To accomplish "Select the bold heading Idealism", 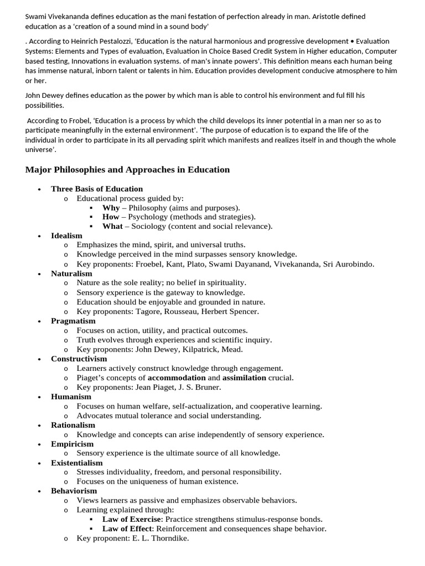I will click(66, 235).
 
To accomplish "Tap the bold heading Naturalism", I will click(71, 274).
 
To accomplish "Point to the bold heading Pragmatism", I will click(73, 321).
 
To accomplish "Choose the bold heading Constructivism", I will click(79, 359).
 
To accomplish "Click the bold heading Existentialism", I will click(77, 463).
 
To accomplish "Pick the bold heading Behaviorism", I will click(74, 491).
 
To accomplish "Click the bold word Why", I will click(111, 208).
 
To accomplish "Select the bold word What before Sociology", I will click(112, 227).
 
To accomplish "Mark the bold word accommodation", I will click(177, 378).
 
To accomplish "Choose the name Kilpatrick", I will click(204, 349).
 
